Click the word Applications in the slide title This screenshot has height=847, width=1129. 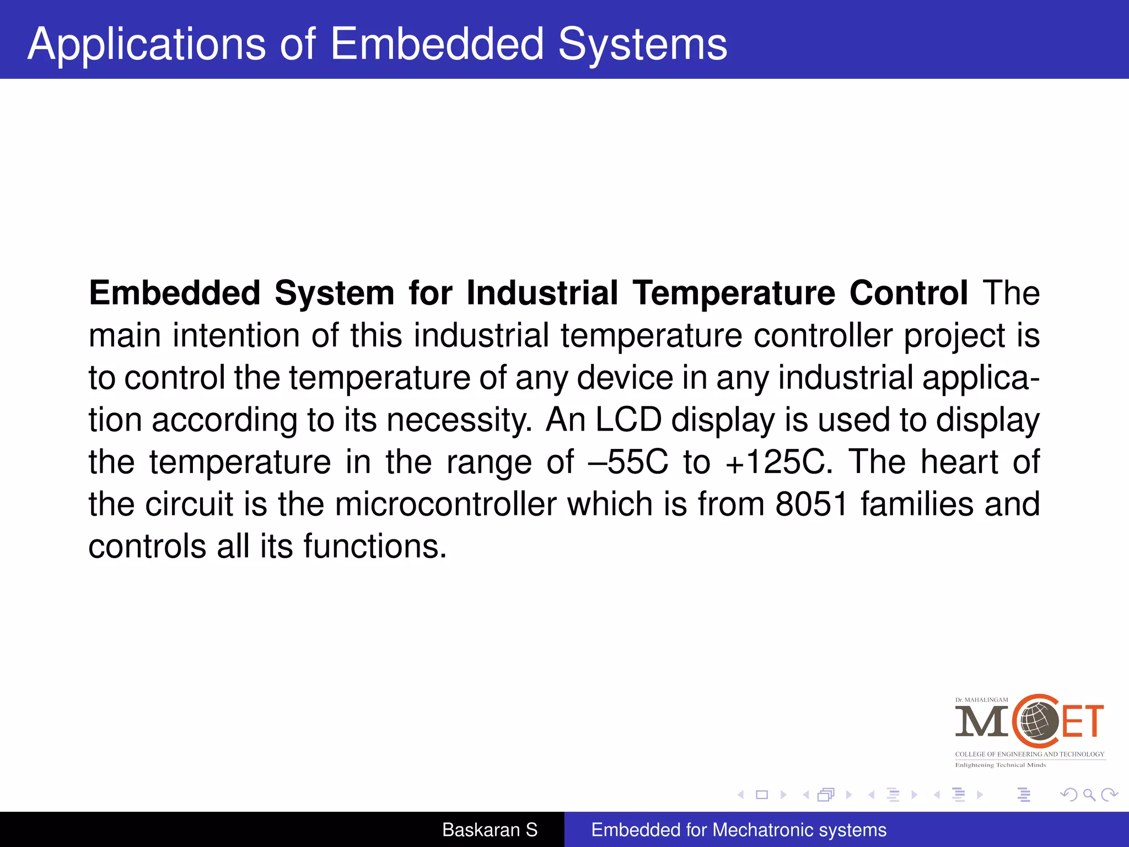pyautogui.click(x=147, y=44)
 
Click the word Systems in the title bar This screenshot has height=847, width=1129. pyautogui.click(x=642, y=44)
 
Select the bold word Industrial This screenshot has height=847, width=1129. pyautogui.click(x=542, y=293)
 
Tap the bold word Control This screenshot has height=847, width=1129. pyautogui.click(x=908, y=293)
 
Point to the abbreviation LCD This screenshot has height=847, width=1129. pyautogui.click(x=628, y=420)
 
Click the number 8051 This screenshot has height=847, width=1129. pyautogui.click(x=811, y=504)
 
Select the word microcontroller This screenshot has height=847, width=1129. pyautogui.click(x=445, y=504)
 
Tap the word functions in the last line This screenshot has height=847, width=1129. pyautogui.click(x=375, y=546)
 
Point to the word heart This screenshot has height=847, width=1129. pyautogui.click(x=959, y=462)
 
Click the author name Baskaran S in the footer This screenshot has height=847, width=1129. pyautogui.click(x=490, y=830)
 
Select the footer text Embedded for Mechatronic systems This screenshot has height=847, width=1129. pyautogui.click(x=739, y=830)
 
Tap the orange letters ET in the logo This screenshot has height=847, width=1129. pyautogui.click(x=1083, y=721)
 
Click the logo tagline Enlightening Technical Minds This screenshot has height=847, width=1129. pyautogui.click(x=1000, y=765)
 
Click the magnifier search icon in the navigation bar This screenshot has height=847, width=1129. pyautogui.click(x=1089, y=795)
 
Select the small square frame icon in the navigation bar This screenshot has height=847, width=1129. pyautogui.click(x=762, y=795)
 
